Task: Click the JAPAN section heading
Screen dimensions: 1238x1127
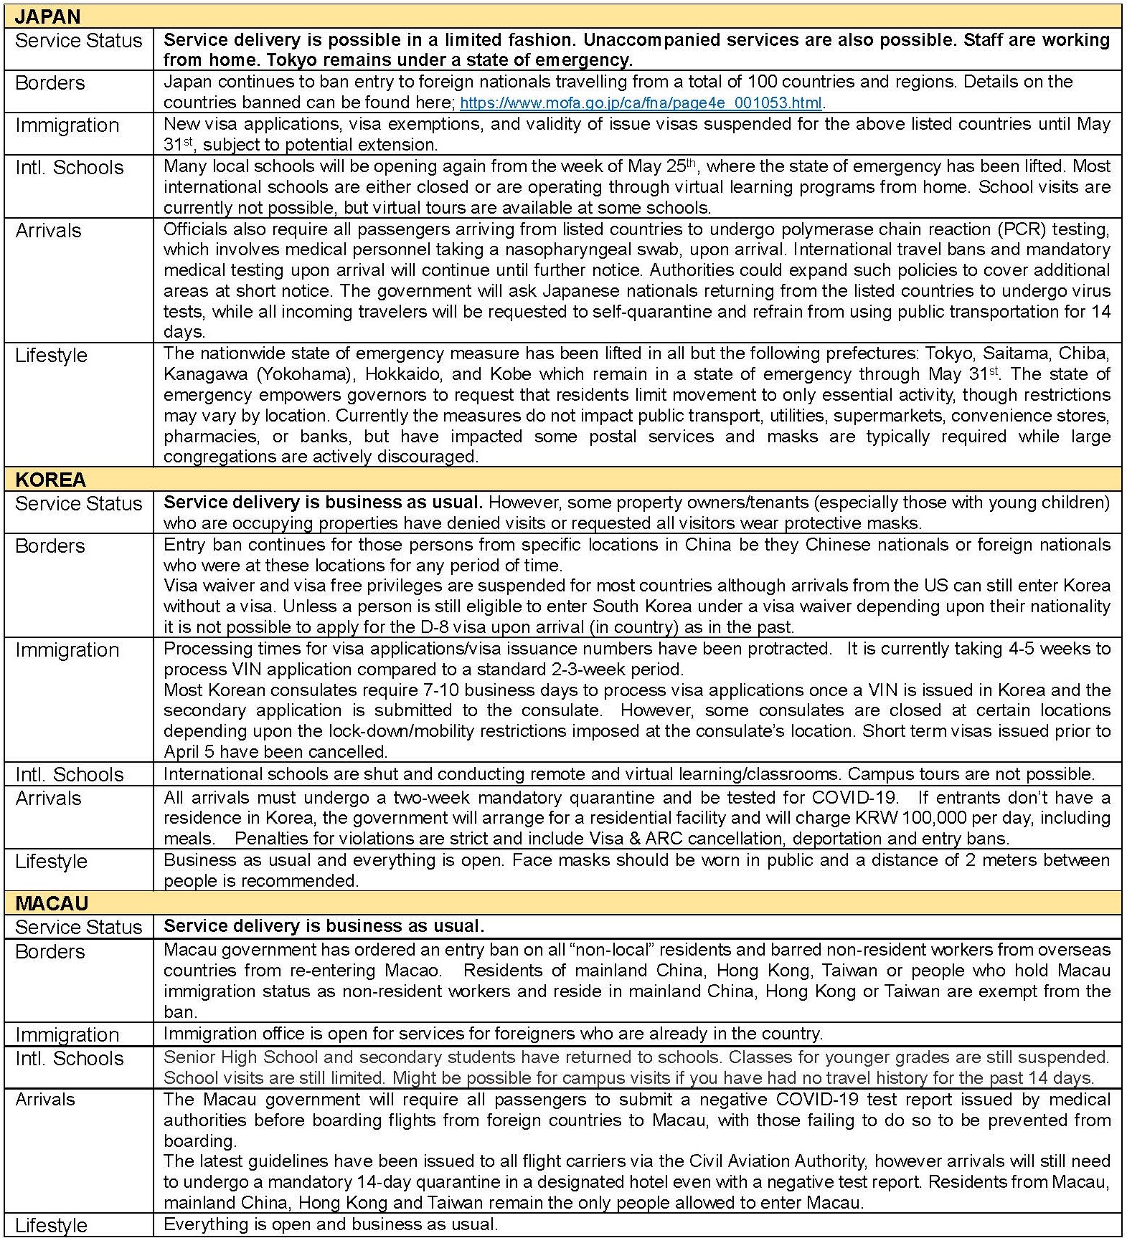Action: click(x=47, y=16)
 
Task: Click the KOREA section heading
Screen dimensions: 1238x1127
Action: click(x=50, y=479)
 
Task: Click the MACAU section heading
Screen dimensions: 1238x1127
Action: click(x=52, y=903)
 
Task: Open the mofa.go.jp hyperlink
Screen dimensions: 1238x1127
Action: click(x=641, y=103)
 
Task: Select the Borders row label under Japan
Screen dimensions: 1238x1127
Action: click(x=49, y=82)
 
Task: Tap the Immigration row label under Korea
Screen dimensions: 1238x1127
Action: click(x=67, y=649)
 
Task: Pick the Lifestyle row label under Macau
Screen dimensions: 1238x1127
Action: click(x=51, y=1225)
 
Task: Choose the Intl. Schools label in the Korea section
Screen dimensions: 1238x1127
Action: click(x=69, y=774)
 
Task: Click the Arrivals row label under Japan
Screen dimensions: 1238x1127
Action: click(x=48, y=230)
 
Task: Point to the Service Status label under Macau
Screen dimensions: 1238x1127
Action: click(x=78, y=927)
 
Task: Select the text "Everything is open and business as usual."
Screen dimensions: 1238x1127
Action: click(x=330, y=1224)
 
